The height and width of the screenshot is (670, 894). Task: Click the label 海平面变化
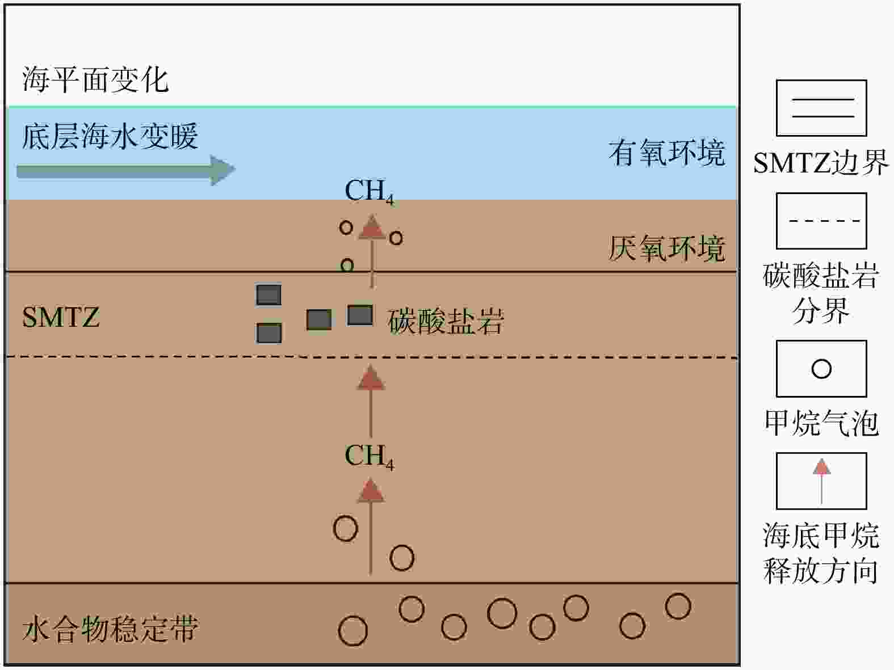95,79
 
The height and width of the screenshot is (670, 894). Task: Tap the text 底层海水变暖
110,137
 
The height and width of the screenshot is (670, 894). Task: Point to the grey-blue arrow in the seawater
125,170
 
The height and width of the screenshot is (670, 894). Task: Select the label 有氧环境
667,153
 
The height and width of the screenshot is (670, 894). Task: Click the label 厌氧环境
667,248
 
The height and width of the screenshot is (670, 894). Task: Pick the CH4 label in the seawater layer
369,192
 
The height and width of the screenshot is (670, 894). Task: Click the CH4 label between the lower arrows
369,456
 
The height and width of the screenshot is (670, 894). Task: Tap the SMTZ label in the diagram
61,317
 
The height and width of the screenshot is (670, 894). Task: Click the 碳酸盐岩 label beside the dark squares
446,321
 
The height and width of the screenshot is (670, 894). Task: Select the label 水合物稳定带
110,629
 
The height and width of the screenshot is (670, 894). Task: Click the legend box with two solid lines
821,108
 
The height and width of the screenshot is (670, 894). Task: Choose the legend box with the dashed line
821,221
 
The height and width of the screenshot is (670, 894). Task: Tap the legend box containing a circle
821,369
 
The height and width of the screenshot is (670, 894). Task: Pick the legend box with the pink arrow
821,481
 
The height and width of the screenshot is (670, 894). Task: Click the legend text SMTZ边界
821,164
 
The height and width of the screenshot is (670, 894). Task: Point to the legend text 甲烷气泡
821,423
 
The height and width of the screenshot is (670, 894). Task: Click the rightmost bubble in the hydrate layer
678,606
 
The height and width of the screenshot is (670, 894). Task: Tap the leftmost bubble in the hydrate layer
352,631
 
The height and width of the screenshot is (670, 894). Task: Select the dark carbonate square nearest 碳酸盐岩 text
360,315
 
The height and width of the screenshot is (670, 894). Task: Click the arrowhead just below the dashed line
371,378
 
